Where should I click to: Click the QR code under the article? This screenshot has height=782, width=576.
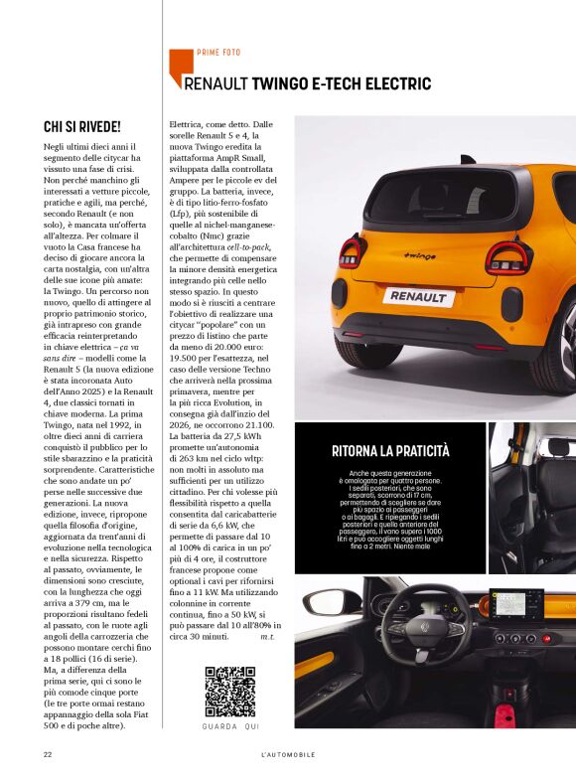pos(229,693)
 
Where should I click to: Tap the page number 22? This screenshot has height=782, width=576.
pos(47,754)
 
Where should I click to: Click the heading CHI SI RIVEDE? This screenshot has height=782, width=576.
pos(82,127)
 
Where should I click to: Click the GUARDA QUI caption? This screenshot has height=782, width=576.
pos(229,727)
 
